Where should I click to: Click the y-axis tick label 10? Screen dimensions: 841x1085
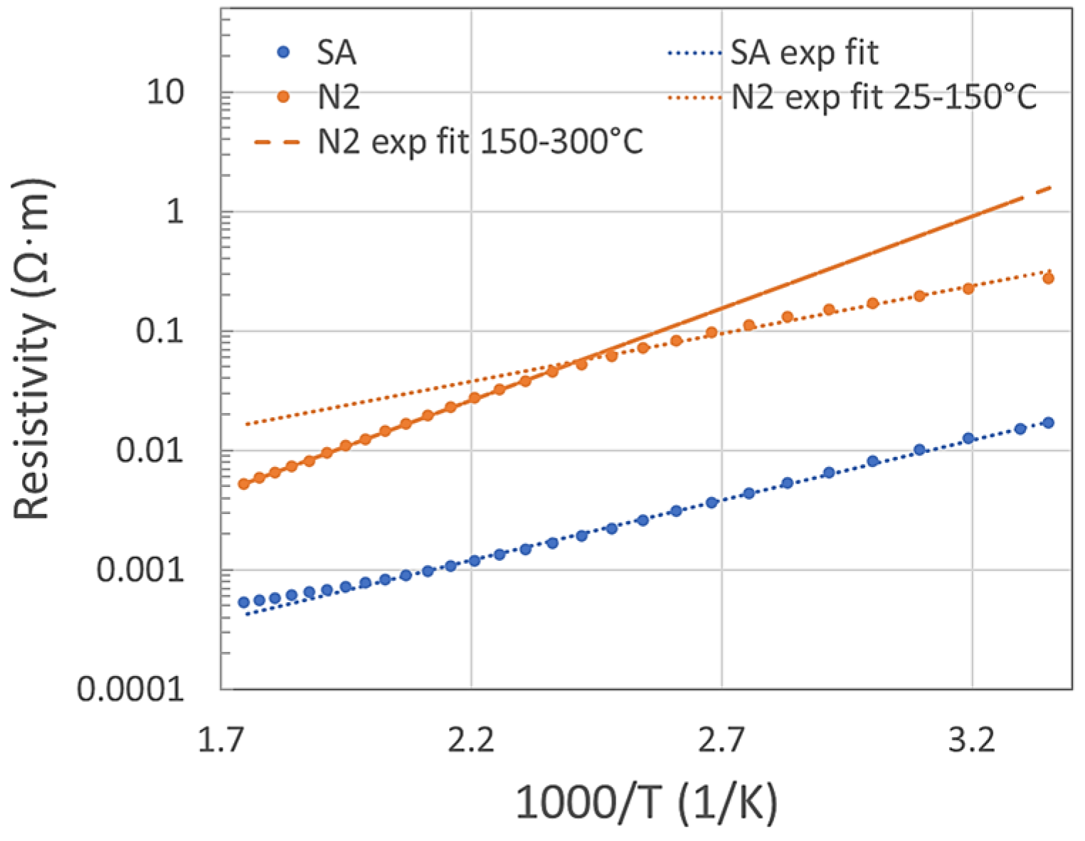point(164,92)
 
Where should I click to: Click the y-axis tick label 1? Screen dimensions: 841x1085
point(175,212)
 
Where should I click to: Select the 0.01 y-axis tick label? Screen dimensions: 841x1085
point(150,451)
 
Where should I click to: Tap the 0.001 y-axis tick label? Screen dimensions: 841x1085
point(140,570)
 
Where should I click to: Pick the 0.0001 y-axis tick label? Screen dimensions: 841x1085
point(130,689)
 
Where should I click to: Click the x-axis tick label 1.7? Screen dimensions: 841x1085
point(220,741)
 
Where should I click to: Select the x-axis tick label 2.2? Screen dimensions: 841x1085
point(471,741)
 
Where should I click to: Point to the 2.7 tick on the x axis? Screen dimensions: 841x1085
point(721,741)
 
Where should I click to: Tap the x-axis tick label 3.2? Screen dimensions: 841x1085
point(972,741)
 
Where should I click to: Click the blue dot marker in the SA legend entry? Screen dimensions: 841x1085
point(283,53)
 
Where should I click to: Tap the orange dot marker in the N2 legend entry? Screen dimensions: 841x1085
point(283,97)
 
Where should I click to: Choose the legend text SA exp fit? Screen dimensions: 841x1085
point(804,53)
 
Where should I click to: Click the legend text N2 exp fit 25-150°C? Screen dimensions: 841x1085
point(884,97)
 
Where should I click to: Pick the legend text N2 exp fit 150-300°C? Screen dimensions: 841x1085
point(480,142)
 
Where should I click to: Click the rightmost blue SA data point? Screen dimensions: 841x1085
point(1047,423)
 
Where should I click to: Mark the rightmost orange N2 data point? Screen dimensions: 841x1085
point(1047,279)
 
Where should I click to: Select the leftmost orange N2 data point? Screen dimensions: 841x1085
point(243,484)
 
